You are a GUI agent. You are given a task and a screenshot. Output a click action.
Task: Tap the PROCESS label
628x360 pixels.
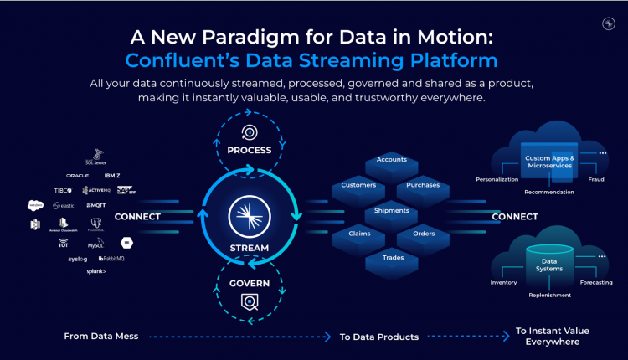pos(249,151)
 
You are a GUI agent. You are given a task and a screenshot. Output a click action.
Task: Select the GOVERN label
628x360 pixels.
pos(249,283)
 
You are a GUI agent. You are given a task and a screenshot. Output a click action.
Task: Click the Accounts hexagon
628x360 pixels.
pos(391,159)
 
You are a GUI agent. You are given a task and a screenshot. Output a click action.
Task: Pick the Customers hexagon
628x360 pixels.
pos(359,185)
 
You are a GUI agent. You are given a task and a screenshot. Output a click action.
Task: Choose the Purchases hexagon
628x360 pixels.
pos(423,185)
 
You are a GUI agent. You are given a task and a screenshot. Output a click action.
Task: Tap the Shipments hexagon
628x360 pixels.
pos(391,210)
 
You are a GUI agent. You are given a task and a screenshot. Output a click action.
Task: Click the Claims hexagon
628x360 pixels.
pos(359,234)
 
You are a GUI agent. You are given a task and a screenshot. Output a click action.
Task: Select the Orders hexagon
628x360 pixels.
pos(424,234)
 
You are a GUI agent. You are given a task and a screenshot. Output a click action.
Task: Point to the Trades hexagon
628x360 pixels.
pos(391,258)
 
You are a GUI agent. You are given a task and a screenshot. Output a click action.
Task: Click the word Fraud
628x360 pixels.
pos(595,179)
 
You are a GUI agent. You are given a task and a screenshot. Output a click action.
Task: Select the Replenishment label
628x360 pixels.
pos(549,295)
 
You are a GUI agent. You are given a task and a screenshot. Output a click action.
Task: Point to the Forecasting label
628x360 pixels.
pos(595,282)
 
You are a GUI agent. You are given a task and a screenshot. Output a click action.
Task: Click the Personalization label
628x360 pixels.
pos(497,179)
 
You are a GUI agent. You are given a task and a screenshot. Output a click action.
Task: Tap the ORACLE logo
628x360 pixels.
pos(78,176)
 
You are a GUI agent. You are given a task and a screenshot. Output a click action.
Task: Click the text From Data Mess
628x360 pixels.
pos(101,336)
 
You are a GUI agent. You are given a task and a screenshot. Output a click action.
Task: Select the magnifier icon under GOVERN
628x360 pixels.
pos(249,301)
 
